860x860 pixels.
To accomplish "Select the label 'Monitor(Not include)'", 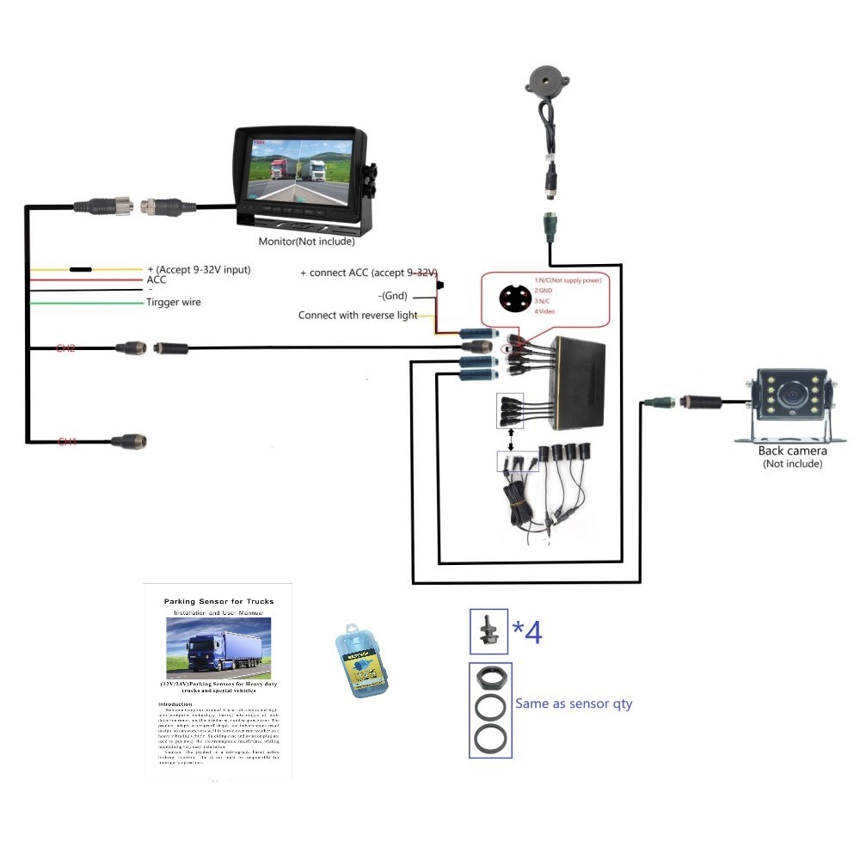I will (x=307, y=242).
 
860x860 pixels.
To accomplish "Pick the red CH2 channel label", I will (x=66, y=348).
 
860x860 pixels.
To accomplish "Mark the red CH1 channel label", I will (x=67, y=442).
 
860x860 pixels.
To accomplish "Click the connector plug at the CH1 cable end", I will (x=128, y=442).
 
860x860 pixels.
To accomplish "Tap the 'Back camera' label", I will (x=792, y=451).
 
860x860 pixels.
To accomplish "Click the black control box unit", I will (x=580, y=378).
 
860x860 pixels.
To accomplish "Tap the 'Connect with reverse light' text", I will (x=358, y=316).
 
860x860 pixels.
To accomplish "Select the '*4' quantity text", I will (x=527, y=632).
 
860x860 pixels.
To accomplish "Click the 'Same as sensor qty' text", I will (x=574, y=703).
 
